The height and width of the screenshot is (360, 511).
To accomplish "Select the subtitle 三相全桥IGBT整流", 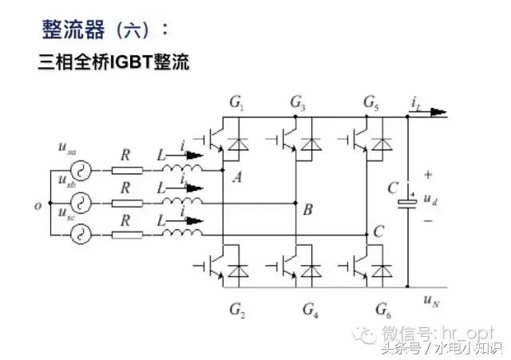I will pos(113,63).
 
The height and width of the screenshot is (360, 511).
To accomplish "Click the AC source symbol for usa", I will pos(80,169).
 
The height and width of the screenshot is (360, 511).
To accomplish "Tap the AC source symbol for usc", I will pos(80,235).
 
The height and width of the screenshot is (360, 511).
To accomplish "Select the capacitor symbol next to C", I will pos(408,201).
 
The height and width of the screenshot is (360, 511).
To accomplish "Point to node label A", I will pos(236,179).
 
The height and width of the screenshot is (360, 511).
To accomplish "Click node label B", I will pos(307,210).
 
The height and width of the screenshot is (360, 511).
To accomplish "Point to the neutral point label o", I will pos(38,206).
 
